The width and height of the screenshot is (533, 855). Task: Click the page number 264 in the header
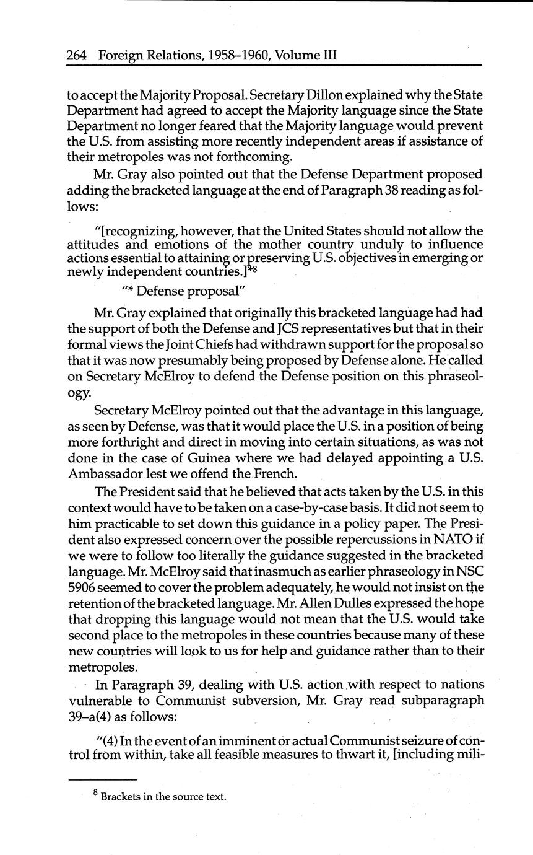pyautogui.click(x=77, y=55)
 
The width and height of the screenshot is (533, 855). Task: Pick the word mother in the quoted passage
pyautogui.click(x=285, y=244)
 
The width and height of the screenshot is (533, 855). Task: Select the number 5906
pyautogui.click(x=82, y=587)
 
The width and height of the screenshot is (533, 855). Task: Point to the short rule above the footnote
pyautogui.click(x=102, y=779)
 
